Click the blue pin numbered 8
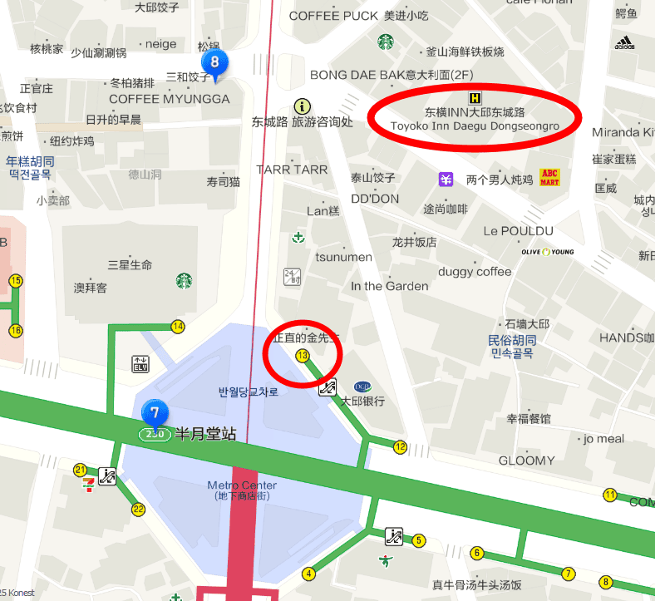coord(214,63)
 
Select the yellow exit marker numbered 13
coord(302,356)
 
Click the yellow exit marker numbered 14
coord(178,327)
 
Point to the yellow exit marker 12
coord(400,447)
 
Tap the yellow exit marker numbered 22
coord(138,510)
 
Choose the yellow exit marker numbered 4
coord(309,573)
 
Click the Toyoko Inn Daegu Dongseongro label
coord(475,119)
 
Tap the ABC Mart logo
coord(549,176)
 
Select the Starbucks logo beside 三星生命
coord(185,281)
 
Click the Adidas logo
coord(624,42)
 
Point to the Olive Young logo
coord(546,251)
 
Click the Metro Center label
coord(242,485)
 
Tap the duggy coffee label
coord(475,272)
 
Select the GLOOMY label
coord(526,461)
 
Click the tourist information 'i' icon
coord(302,106)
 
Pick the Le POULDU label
coord(518,230)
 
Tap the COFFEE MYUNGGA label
coord(169,99)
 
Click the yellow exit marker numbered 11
coord(610,495)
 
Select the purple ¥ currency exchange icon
coord(446,179)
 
